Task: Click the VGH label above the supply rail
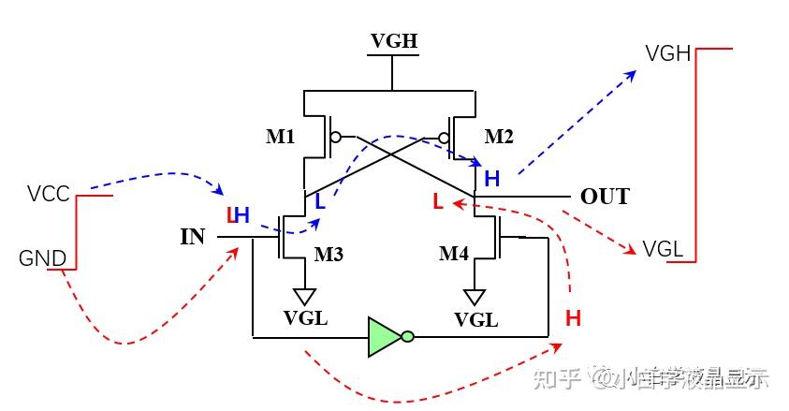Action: click(393, 42)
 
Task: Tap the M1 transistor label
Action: click(281, 138)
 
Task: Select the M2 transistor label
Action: click(499, 138)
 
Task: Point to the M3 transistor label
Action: click(329, 254)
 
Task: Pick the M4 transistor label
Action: click(455, 254)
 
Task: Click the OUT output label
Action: click(605, 197)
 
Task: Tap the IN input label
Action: click(193, 236)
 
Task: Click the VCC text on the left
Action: click(49, 194)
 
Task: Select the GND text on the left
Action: click(43, 258)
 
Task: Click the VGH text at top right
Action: click(667, 53)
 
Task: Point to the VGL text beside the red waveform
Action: click(663, 249)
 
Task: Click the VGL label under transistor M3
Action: click(306, 318)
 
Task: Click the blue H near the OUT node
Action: click(492, 179)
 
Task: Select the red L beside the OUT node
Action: click(437, 200)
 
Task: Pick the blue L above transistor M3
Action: click(319, 201)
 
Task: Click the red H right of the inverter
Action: click(573, 318)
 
